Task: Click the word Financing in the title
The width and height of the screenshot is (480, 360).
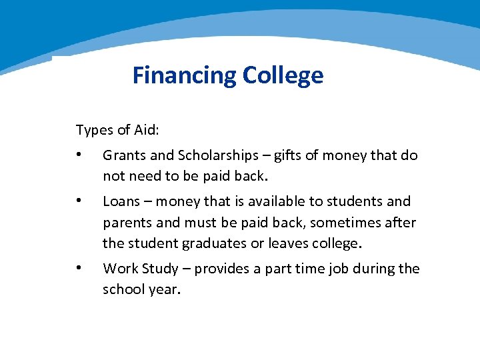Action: [184, 75]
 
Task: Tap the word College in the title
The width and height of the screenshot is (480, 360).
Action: [283, 75]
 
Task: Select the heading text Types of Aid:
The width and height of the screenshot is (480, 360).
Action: [117, 129]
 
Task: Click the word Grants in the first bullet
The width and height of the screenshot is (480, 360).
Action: [124, 155]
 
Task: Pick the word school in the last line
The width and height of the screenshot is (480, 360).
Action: [122, 290]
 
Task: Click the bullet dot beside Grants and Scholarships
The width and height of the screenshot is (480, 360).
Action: [79, 155]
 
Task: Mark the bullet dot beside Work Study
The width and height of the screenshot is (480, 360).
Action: [79, 269]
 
